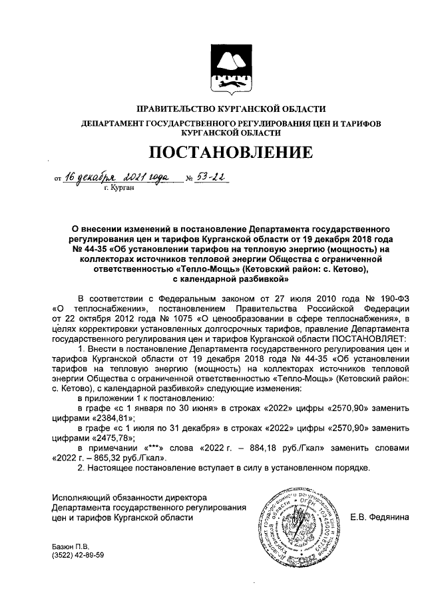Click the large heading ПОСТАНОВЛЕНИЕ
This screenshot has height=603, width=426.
[x=230, y=153]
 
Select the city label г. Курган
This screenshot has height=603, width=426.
[x=119, y=189]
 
